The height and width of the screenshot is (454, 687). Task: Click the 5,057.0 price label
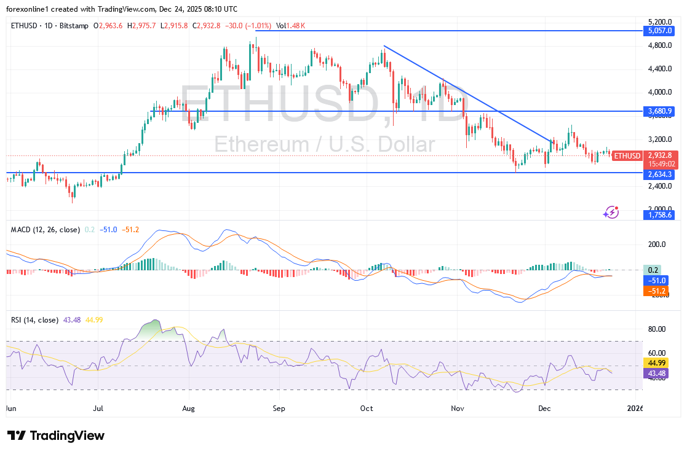pos(661,29)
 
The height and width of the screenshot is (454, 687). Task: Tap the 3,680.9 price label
pos(661,111)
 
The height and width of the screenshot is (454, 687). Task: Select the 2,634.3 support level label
pos(661,174)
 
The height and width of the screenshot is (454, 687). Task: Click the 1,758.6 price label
pos(661,214)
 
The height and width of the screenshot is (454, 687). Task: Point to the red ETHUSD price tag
pos(627,155)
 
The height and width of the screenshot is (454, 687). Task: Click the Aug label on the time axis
pos(189,408)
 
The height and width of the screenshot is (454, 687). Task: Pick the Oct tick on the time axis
pos(367,408)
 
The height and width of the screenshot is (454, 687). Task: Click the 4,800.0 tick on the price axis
pos(659,45)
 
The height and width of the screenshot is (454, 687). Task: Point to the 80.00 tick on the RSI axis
pos(657,329)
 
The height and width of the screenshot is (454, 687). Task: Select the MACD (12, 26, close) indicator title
pos(46,230)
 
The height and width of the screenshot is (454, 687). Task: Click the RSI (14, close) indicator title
pos(34,320)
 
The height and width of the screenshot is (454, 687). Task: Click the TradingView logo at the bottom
pos(56,436)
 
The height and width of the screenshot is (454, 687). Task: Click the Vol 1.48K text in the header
pos(292,25)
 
